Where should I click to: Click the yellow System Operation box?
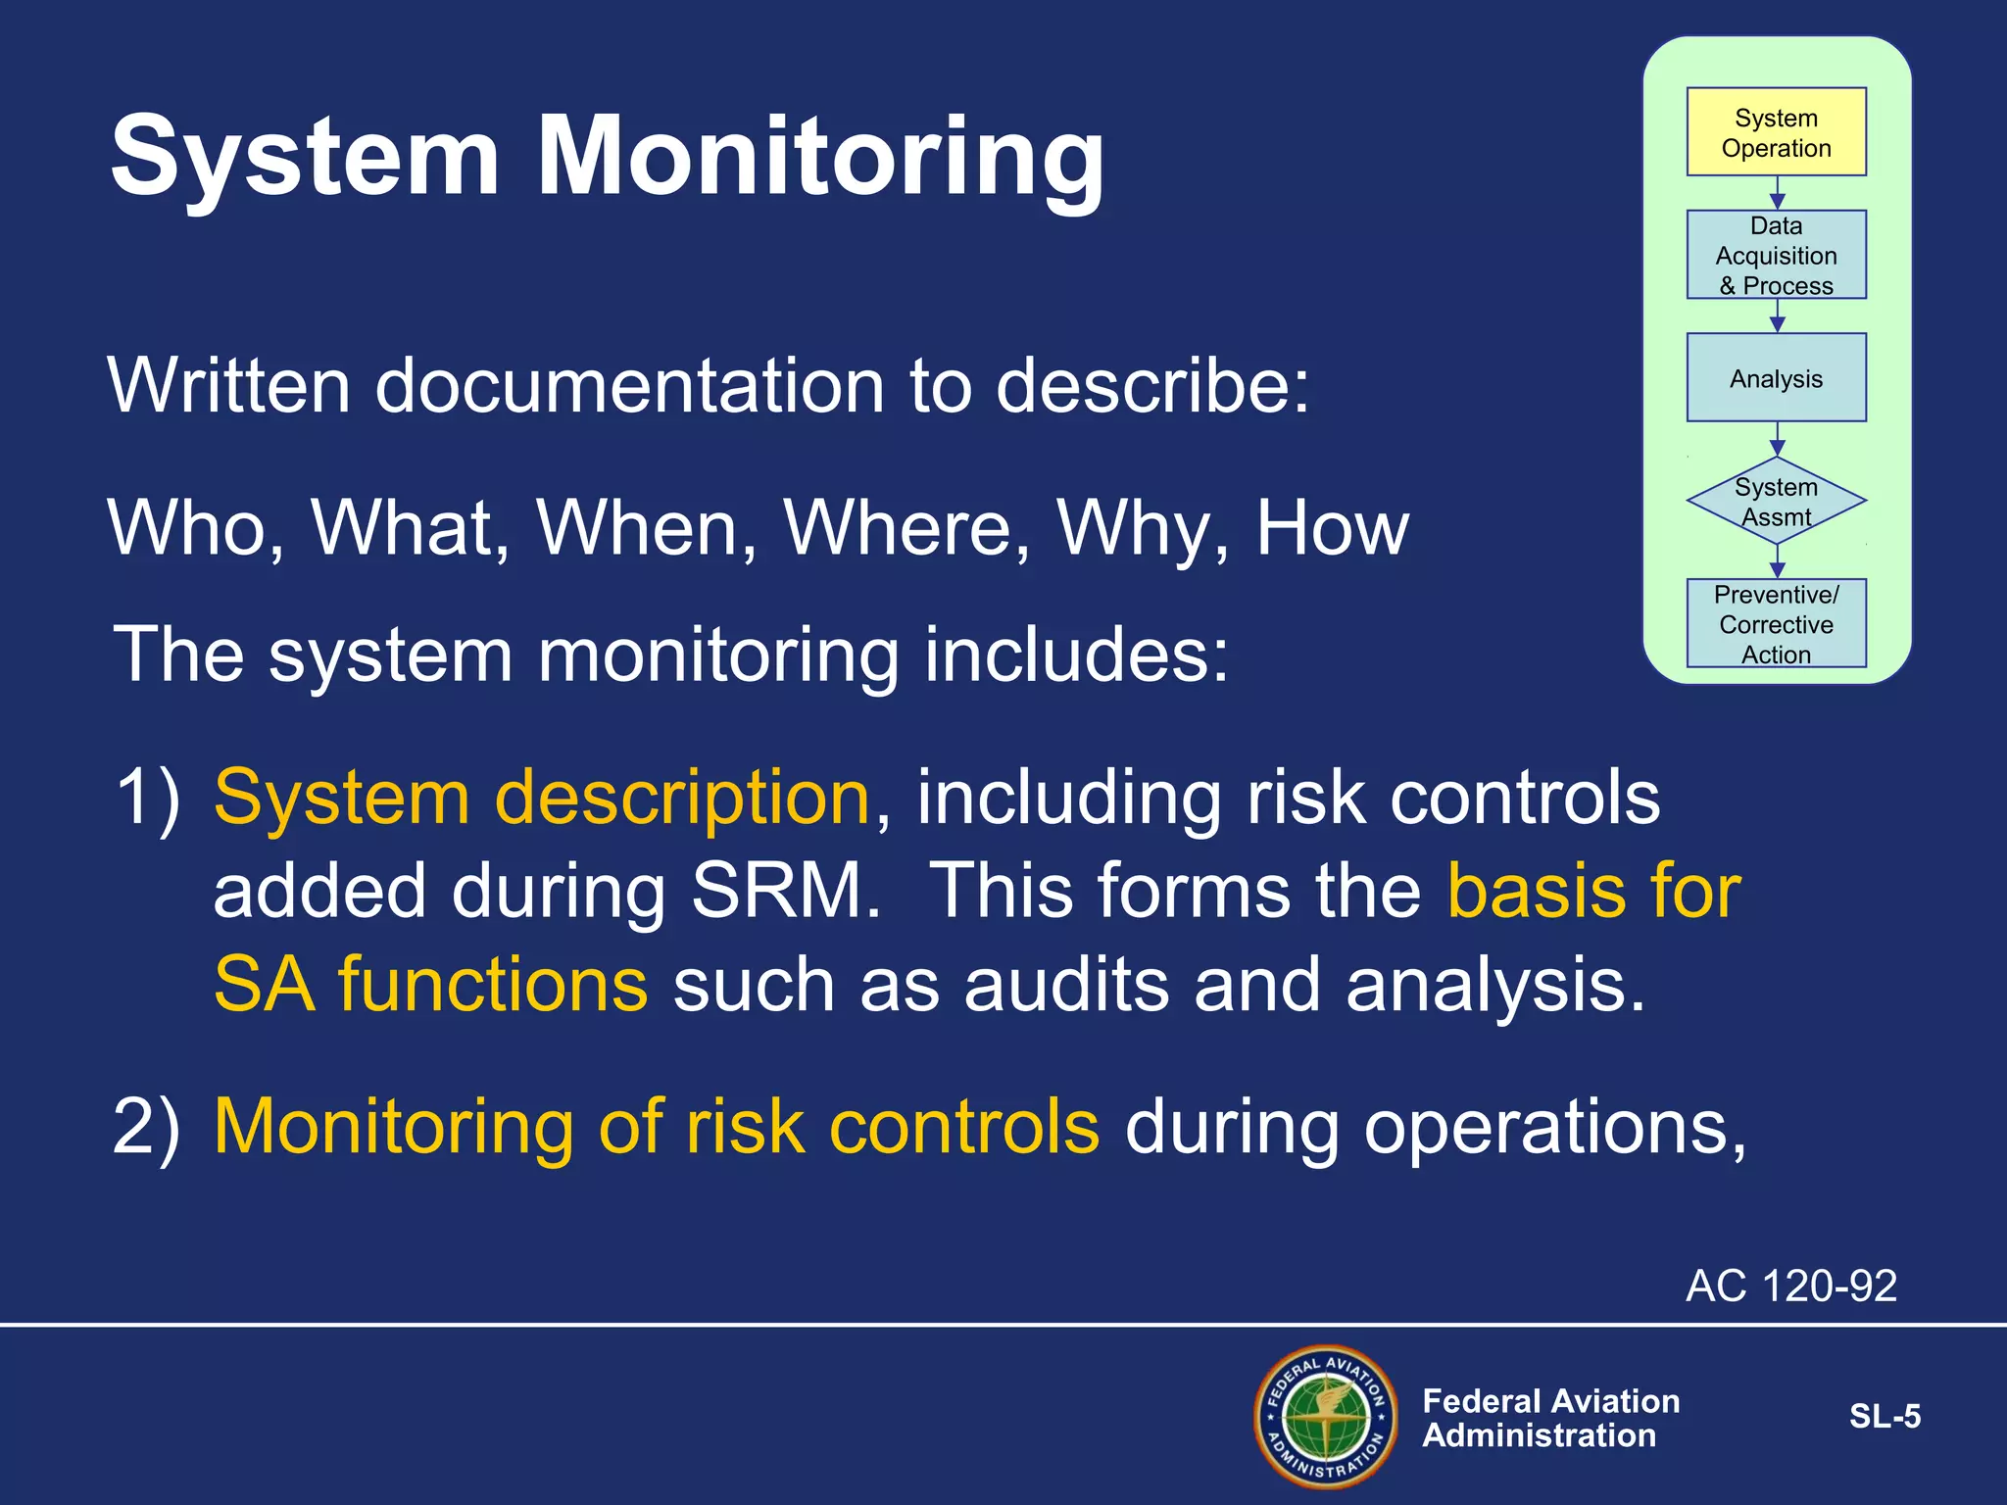tap(1776, 132)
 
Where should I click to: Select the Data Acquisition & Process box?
tap(1776, 255)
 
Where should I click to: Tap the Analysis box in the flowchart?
tap(1776, 378)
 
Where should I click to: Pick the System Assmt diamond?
tap(1776, 501)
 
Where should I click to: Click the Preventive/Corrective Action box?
tap(1776, 623)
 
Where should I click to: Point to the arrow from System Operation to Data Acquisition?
tap(1777, 193)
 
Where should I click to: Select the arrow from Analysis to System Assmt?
tap(1777, 439)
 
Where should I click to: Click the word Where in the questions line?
tap(906, 528)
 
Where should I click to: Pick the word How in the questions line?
tap(1332, 528)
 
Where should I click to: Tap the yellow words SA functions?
tap(430, 984)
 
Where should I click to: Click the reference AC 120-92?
tap(1790, 1286)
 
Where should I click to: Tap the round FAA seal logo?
tap(1326, 1417)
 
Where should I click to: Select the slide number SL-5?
tap(1884, 1417)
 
